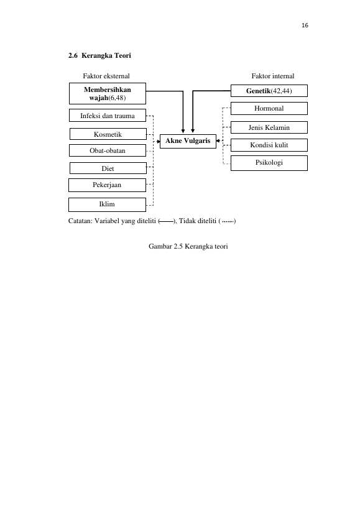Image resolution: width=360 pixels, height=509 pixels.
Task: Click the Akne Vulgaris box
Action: (188, 141)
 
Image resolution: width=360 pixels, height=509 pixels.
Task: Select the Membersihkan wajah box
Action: (108, 93)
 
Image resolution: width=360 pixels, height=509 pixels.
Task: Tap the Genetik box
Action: (269, 91)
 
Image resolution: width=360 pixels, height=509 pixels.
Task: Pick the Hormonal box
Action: (269, 108)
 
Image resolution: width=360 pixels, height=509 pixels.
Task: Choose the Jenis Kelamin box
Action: (269, 127)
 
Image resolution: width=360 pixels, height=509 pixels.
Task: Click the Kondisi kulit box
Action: (269, 145)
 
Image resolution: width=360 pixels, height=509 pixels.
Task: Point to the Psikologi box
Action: (269, 163)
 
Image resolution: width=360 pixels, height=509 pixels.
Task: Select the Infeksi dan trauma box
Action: (108, 115)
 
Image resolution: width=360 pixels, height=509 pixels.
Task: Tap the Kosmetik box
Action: (108, 134)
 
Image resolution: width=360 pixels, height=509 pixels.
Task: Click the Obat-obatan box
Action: (108, 150)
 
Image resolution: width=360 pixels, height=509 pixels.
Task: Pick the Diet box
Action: (108, 168)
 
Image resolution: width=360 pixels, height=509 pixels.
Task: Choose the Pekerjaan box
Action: (108, 185)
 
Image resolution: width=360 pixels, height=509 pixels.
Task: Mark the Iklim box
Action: (108, 204)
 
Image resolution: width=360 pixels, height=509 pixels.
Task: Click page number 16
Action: (305, 25)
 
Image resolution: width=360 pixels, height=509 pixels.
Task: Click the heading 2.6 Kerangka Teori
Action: (99, 55)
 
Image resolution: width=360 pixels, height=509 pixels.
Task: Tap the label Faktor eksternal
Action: (106, 76)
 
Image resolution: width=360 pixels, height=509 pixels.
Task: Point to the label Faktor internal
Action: (273, 76)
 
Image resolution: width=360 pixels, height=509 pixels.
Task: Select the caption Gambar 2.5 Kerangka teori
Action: (188, 246)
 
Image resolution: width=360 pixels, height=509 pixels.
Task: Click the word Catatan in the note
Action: (80, 221)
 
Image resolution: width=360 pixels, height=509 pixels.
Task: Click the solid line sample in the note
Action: (167, 222)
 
